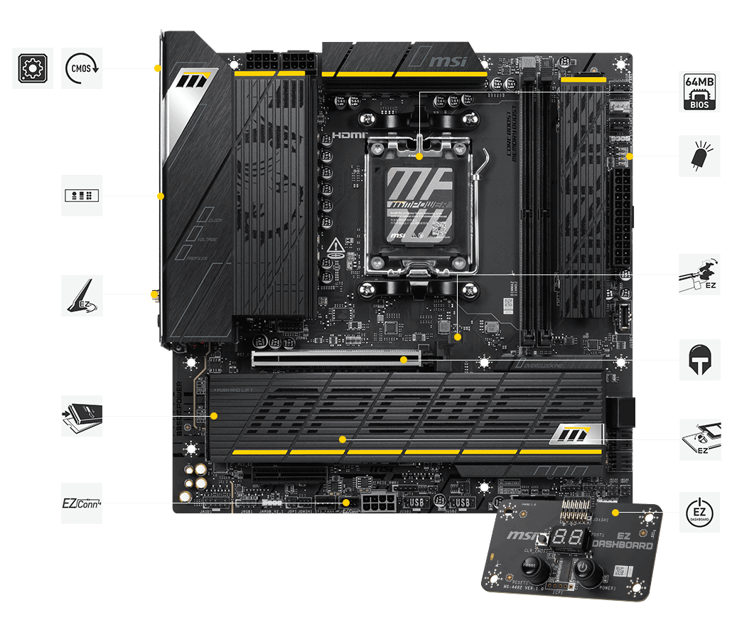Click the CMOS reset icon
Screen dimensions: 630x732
(82, 68)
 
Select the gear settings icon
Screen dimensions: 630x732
(32, 68)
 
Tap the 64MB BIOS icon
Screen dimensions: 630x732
(699, 92)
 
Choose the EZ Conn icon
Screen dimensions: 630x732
(82, 503)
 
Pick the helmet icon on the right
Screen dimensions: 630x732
(699, 360)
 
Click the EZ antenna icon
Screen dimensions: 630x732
(82, 296)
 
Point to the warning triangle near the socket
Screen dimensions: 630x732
(336, 247)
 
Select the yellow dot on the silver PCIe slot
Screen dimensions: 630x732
(404, 360)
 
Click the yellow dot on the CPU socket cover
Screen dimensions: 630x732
(419, 156)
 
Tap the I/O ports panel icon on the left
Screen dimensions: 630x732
(82, 196)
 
